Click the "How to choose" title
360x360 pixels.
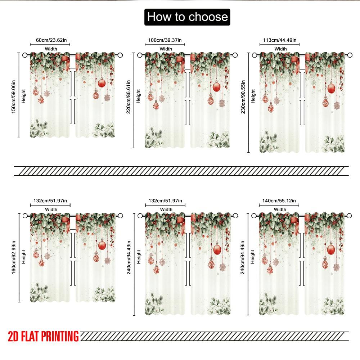coord(187,17)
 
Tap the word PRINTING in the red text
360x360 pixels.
coord(60,337)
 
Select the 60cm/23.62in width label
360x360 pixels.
coord(50,40)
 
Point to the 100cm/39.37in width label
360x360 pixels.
coord(165,40)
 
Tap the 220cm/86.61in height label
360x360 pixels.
coord(129,96)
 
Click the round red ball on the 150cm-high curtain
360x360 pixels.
coord(102,84)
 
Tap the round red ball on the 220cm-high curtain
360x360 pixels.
coord(217,87)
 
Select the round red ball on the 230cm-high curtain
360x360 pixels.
coord(331,88)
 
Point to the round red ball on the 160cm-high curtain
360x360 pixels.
coord(102,245)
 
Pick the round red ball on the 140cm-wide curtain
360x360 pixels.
coord(331,249)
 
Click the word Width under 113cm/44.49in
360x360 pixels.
coord(280,49)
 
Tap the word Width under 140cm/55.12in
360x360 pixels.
coord(280,209)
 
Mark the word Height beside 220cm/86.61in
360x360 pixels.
coord(139,96)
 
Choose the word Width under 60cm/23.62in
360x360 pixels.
coord(51,49)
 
